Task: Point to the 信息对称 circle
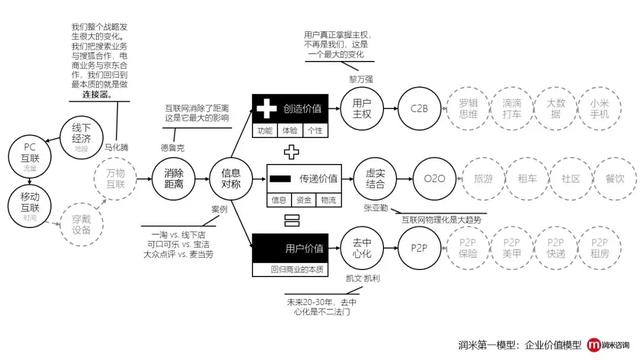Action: [232, 179]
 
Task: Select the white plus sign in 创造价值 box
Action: [268, 107]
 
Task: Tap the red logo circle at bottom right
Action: [567, 343]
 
